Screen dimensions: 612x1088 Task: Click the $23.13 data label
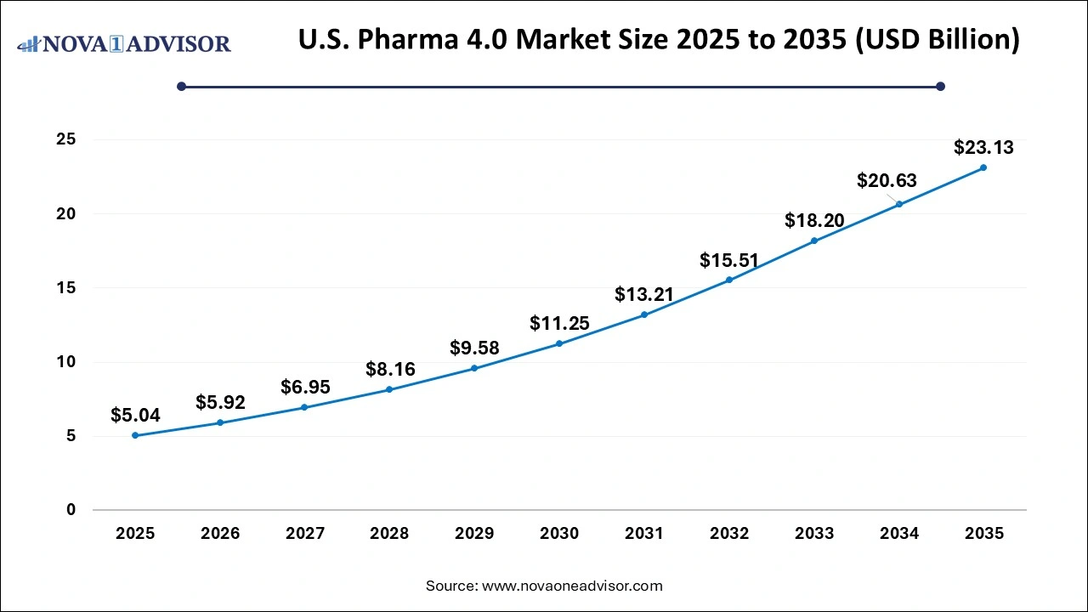point(983,148)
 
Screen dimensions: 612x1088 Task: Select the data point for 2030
point(559,343)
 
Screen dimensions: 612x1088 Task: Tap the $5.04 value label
point(135,416)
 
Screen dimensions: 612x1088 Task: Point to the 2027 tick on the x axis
point(304,534)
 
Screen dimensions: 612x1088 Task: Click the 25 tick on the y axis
point(65,139)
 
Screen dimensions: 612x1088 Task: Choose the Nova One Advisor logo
point(124,43)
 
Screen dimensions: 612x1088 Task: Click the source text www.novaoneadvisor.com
point(572,586)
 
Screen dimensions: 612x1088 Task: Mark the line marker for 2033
point(814,241)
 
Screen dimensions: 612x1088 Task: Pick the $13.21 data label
point(644,295)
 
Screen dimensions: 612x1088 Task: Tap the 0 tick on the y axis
point(71,510)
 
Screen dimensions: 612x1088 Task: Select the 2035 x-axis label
point(984,534)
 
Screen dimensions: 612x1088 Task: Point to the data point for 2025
point(135,435)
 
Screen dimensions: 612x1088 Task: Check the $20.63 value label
point(887,180)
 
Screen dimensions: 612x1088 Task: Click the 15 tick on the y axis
point(65,287)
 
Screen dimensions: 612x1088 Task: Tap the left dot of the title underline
point(181,86)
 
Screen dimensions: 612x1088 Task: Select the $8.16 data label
point(390,370)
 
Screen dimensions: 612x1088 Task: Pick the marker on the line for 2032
point(729,280)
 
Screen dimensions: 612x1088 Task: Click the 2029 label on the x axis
point(474,534)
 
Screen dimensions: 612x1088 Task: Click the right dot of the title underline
point(940,86)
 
